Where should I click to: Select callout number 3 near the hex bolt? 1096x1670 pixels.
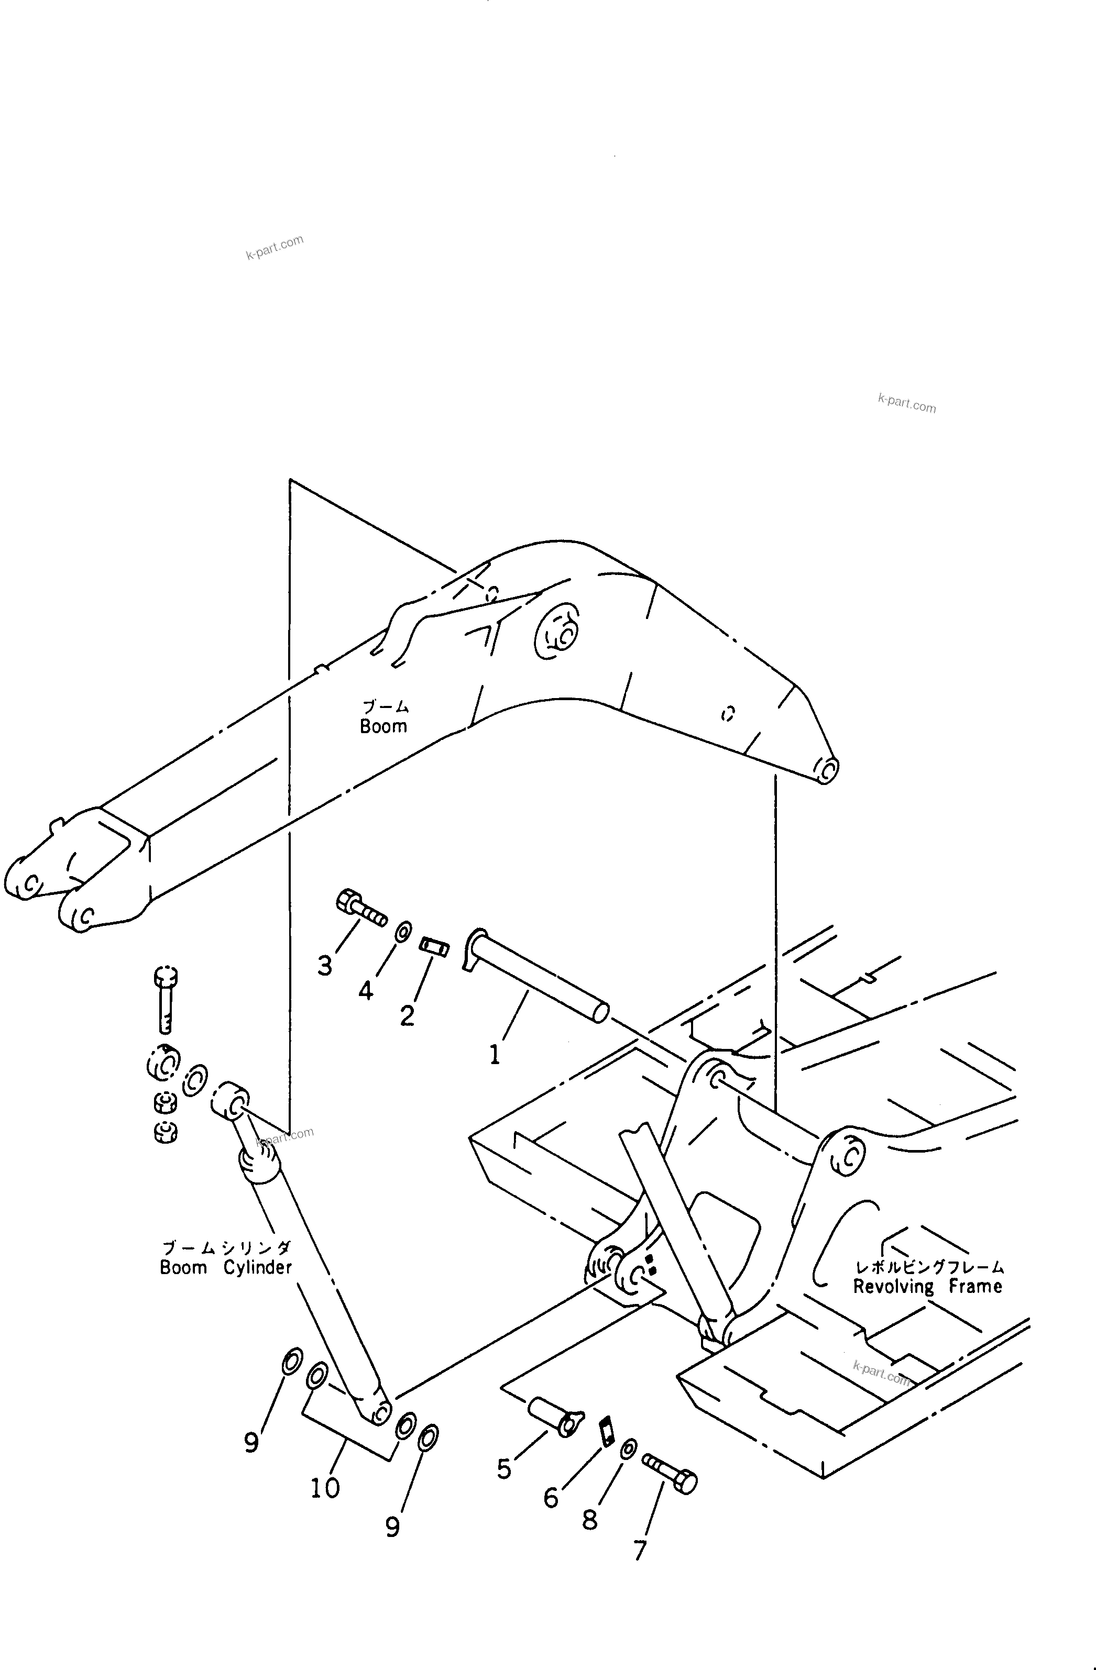324,966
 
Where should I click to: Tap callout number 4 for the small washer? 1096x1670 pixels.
366,991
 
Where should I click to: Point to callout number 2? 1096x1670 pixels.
407,1015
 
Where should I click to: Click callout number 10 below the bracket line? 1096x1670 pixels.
325,1487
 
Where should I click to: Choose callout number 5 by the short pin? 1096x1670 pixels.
504,1468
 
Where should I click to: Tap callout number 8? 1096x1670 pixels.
590,1520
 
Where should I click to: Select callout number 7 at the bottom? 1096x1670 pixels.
640,1550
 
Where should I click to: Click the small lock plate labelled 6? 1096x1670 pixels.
607,1431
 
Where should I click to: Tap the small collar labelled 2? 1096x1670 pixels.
433,946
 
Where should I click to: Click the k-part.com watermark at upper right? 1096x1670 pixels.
906,403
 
